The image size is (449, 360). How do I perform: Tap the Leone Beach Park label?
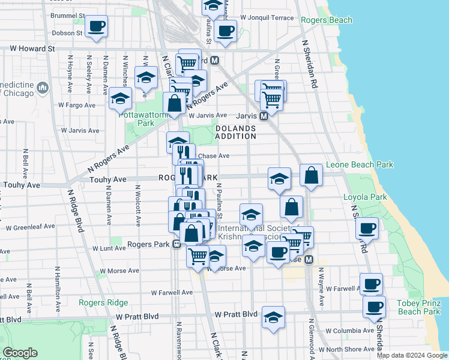[x=359, y=164]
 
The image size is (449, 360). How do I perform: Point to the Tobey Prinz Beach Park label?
[x=419, y=307]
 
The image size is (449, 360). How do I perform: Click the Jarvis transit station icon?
[x=264, y=116]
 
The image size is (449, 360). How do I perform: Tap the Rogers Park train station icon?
[x=177, y=244]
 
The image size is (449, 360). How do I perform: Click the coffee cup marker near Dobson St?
[x=96, y=26]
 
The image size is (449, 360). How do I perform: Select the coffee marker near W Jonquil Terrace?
[x=226, y=31]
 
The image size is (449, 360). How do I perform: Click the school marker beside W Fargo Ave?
[x=121, y=98]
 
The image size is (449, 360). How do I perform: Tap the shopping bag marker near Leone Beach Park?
[x=311, y=175]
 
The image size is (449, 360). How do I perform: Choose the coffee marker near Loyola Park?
[x=367, y=227]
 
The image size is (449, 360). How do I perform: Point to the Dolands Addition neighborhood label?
[x=236, y=133]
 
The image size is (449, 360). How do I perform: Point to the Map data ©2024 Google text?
[x=412, y=355]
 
